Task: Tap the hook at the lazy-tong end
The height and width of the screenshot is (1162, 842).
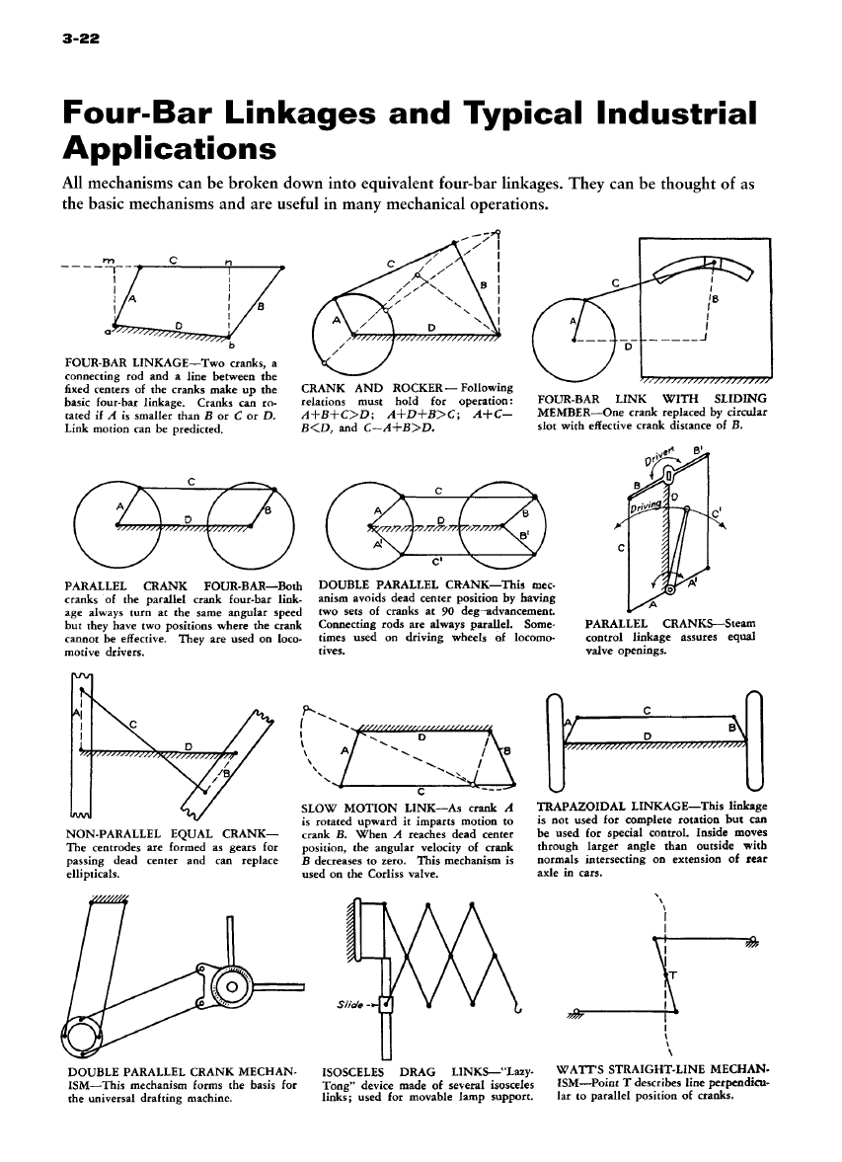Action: (x=515, y=1005)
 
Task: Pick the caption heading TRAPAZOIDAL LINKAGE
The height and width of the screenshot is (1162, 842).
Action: (x=612, y=806)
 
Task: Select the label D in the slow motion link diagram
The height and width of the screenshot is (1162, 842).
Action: (x=420, y=736)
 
